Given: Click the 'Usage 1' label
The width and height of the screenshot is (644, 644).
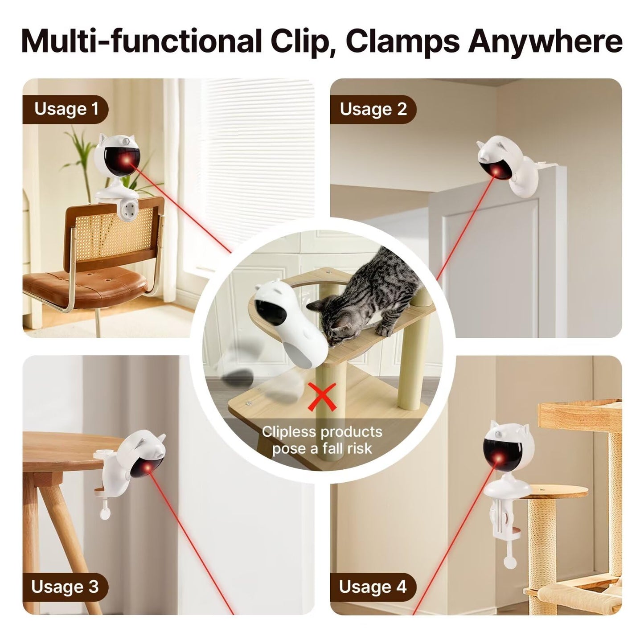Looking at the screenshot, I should click(x=66, y=109).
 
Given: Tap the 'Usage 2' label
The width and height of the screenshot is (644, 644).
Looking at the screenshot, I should click(x=373, y=109).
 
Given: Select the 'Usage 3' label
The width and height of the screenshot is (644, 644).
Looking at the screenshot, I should click(x=65, y=587).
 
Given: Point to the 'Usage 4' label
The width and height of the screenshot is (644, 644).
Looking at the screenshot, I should click(x=373, y=587).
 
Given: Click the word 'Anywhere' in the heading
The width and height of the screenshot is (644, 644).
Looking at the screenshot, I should click(x=545, y=41).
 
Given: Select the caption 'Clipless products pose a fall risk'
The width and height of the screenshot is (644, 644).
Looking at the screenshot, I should click(x=322, y=440).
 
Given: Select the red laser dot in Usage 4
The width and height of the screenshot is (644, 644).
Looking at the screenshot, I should click(x=502, y=459).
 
